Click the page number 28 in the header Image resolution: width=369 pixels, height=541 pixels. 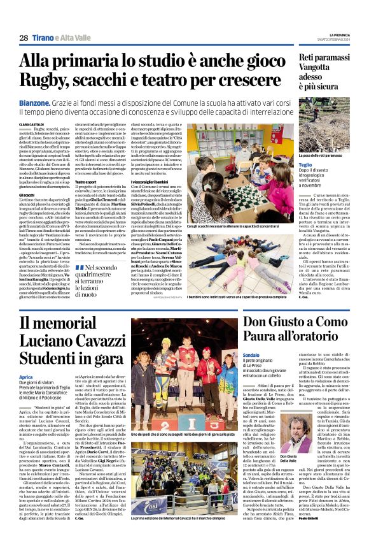[23, 38]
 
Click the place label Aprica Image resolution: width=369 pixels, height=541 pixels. [25, 377]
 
